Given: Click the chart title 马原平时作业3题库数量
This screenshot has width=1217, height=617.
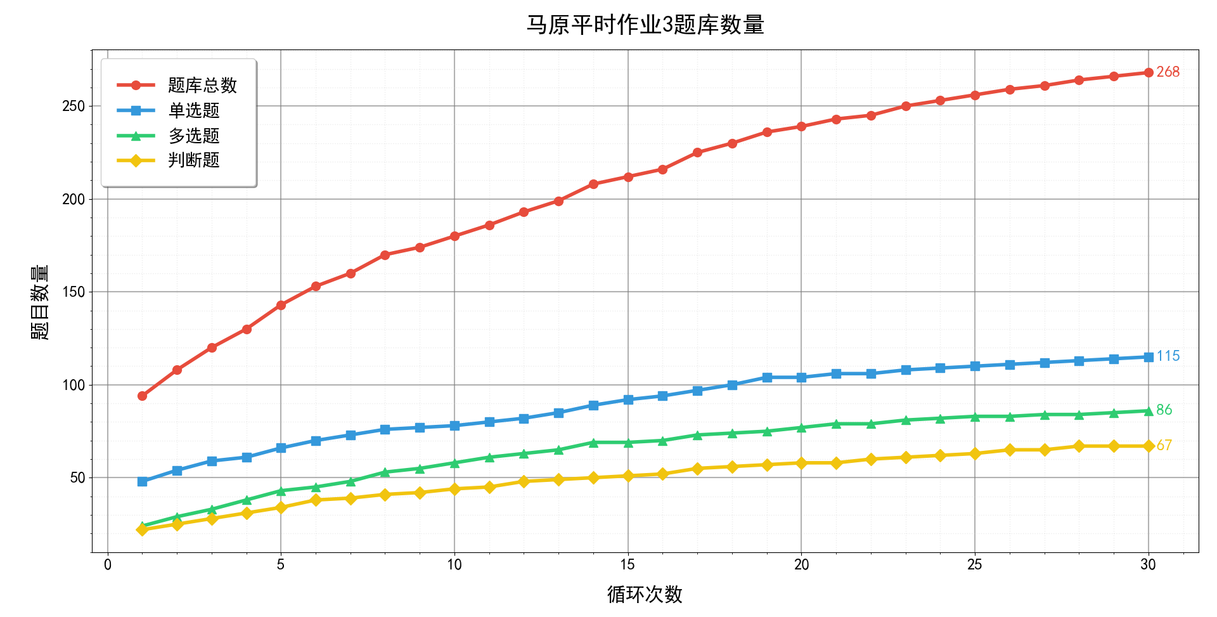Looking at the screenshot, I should (645, 25).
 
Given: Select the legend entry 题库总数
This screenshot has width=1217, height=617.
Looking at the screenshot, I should (202, 85).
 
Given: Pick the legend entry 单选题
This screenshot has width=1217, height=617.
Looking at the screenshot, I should (193, 110).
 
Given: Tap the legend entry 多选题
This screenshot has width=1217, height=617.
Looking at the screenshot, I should (193, 136).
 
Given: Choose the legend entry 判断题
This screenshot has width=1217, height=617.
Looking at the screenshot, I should (193, 160).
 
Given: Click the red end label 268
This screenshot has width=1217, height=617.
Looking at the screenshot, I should (1168, 72).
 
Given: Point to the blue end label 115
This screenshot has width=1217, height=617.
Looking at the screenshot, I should (1168, 356).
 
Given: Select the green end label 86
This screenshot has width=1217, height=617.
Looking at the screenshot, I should (1164, 410).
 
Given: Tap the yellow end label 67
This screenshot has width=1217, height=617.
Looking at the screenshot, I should (1164, 446).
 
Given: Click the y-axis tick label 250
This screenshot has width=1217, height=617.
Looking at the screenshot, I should (74, 107).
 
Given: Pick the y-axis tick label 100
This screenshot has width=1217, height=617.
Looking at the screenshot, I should (74, 386).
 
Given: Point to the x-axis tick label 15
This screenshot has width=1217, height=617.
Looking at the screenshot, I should (628, 565).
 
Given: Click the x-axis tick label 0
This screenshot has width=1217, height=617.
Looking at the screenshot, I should (108, 565).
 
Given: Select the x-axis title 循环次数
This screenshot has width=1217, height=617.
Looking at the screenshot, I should (645, 595).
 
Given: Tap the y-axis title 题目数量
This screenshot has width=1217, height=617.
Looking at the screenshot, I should (40, 302).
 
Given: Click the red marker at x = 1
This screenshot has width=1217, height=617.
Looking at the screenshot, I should (142, 396).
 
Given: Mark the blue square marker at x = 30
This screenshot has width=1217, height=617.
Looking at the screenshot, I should (1148, 357).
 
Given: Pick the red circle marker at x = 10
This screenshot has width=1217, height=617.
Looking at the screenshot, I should (454, 236).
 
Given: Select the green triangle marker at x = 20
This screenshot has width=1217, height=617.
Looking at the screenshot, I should (801, 427).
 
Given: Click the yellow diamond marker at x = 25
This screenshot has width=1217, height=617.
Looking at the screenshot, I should (975, 453).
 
